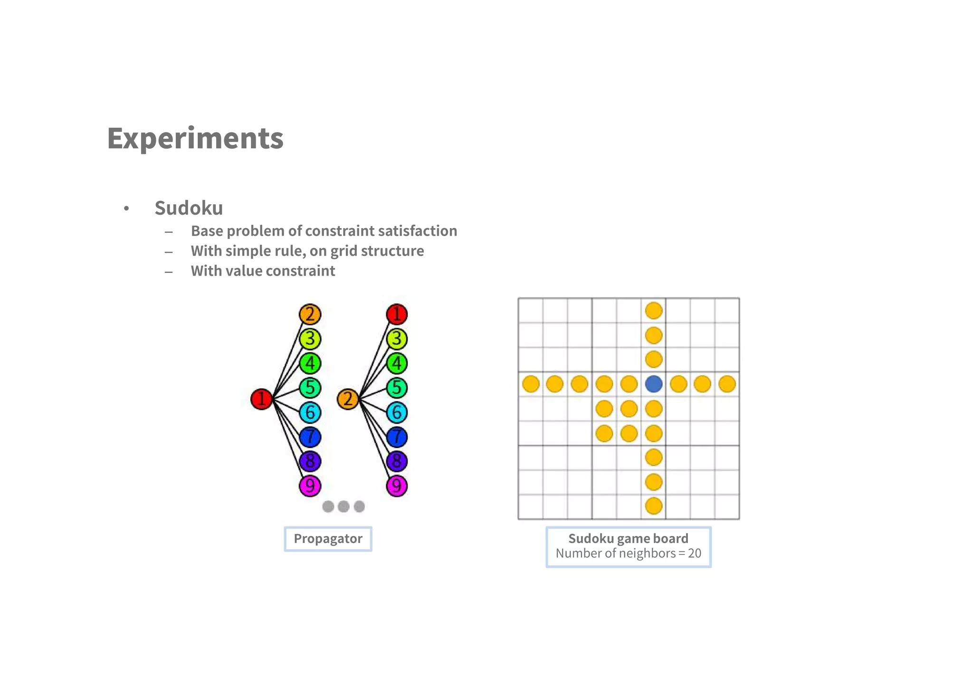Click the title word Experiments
click(x=195, y=138)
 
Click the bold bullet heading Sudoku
click(x=189, y=208)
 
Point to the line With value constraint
click(x=263, y=271)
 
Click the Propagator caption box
click(x=328, y=539)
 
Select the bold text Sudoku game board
click(x=628, y=538)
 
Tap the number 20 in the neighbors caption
click(x=694, y=554)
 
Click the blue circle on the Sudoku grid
click(x=654, y=384)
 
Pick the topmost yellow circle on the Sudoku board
click(x=654, y=311)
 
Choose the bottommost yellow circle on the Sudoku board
click(x=654, y=506)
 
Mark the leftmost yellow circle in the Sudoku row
click(x=531, y=384)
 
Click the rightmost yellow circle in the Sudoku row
click(x=727, y=384)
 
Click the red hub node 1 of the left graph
click(x=261, y=399)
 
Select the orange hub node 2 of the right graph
click(x=348, y=399)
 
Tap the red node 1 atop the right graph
click(x=397, y=314)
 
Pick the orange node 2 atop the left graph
click(x=310, y=314)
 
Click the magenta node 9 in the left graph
click(x=310, y=486)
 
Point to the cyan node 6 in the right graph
click(x=397, y=412)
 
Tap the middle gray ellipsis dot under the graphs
click(x=343, y=506)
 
